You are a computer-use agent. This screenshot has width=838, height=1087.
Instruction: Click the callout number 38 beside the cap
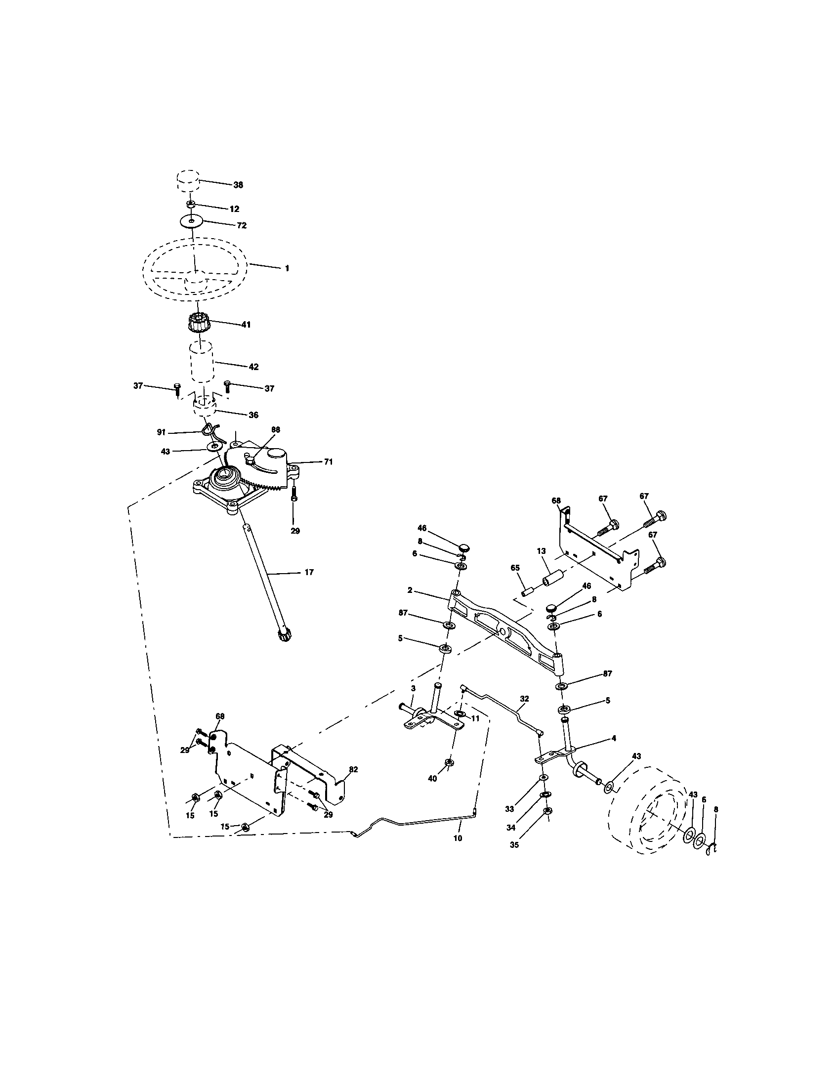tap(238, 185)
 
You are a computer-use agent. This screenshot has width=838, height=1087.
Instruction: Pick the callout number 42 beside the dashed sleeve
tap(253, 367)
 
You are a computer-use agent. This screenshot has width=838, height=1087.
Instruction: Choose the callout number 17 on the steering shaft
tap(309, 572)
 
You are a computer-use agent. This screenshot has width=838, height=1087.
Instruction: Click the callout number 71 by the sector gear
tap(328, 462)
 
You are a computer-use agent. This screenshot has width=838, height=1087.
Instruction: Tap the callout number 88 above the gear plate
tap(275, 429)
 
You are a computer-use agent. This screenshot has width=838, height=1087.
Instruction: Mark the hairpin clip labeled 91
tap(210, 429)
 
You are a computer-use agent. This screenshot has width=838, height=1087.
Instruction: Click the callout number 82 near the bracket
tap(353, 769)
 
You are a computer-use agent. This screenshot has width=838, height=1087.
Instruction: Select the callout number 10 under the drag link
tap(458, 838)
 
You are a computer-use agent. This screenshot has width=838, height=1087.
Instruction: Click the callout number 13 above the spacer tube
tap(541, 551)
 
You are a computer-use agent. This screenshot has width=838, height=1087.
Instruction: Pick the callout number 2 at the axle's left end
tap(410, 590)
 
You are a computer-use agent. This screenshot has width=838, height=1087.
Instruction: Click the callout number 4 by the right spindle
tap(614, 738)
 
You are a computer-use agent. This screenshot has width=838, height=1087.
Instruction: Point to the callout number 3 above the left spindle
tap(413, 688)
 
